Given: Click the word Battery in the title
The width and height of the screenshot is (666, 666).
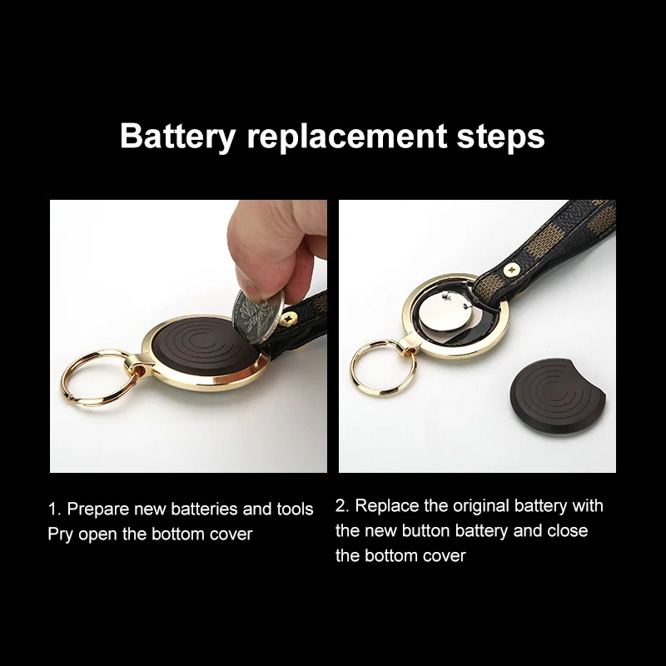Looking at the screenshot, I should [x=177, y=136].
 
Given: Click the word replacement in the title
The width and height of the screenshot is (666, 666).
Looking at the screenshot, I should [x=347, y=136].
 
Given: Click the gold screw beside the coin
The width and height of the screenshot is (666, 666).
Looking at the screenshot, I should [x=292, y=316].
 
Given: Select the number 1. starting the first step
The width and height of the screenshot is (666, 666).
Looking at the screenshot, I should [x=53, y=509].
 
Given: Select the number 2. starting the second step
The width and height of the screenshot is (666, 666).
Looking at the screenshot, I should [x=341, y=505].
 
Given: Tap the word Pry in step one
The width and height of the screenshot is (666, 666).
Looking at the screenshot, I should [x=60, y=534].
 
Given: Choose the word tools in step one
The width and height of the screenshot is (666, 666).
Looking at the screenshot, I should [x=295, y=509].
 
